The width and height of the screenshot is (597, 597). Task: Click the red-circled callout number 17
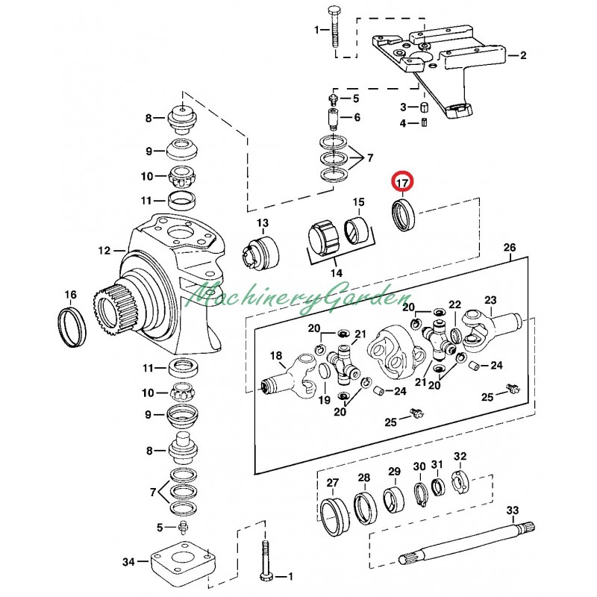(x=402, y=183)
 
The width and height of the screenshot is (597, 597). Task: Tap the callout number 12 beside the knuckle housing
(x=104, y=251)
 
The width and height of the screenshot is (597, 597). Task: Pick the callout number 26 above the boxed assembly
(x=510, y=248)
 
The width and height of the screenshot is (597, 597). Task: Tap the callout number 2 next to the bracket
(x=523, y=55)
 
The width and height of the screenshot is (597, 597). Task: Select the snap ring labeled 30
(x=420, y=494)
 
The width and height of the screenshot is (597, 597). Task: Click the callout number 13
(x=263, y=222)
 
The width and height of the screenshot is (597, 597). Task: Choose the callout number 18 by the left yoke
(x=276, y=356)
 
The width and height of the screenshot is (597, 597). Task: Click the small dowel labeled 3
(x=424, y=107)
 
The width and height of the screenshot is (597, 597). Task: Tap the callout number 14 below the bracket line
(x=337, y=272)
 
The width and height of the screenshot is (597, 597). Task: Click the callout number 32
(x=460, y=456)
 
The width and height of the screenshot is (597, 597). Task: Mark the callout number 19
(x=325, y=400)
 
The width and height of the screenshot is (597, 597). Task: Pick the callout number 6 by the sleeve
(x=357, y=117)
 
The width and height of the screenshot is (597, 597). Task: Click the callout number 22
(x=455, y=304)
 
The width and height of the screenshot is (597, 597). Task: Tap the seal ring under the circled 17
(x=405, y=216)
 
